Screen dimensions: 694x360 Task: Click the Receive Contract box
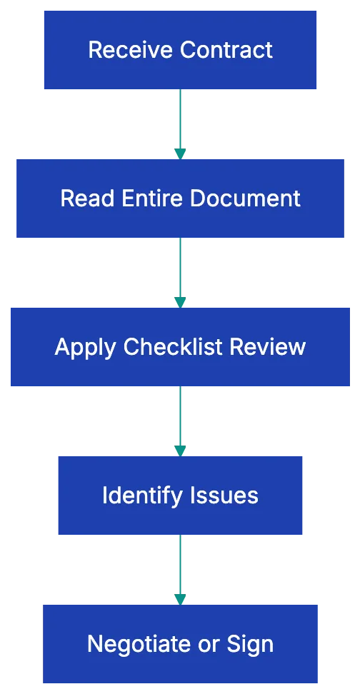tap(180, 49)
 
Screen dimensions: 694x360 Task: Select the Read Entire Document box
tap(180, 198)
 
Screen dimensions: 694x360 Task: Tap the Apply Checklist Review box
tap(180, 346)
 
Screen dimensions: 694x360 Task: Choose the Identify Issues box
tap(180, 495)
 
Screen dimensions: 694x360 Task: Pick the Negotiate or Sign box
tap(180, 643)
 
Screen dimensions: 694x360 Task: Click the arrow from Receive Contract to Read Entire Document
tap(180, 123)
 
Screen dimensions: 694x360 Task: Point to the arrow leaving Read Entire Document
tap(180, 271)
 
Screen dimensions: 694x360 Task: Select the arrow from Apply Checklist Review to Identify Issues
tap(180, 420)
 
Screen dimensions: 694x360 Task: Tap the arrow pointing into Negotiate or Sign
tap(180, 568)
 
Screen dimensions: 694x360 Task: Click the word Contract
tap(226, 50)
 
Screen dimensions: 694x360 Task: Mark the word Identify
tap(141, 496)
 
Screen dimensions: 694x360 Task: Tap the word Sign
tap(250, 644)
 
